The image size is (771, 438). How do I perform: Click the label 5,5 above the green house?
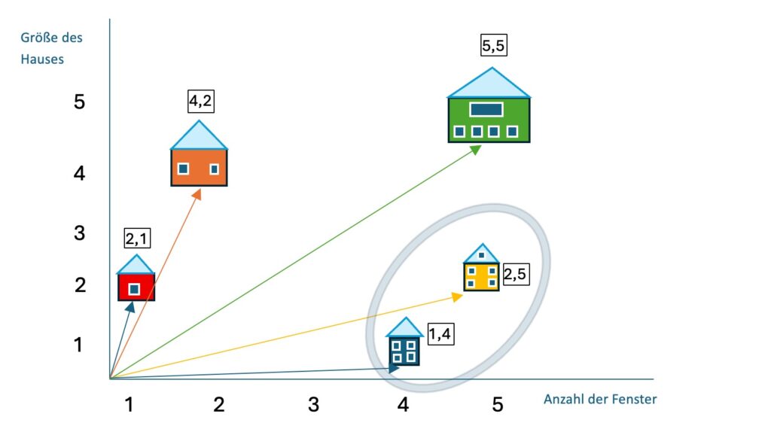[x=494, y=46]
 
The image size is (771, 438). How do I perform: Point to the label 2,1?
[x=138, y=239]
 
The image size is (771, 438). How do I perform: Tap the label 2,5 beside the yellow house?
[x=514, y=274]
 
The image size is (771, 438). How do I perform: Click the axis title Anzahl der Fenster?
[x=600, y=400]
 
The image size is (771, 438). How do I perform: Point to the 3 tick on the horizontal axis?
[x=314, y=405]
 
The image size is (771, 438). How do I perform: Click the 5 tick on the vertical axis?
[x=80, y=102]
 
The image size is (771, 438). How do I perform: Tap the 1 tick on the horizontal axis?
[x=130, y=405]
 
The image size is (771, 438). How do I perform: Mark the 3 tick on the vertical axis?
[x=80, y=233]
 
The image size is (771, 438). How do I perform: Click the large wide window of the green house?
[x=486, y=109]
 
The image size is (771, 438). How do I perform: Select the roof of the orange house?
[x=199, y=136]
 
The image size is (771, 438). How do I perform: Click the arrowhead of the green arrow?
[x=477, y=148]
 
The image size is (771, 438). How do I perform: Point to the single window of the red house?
[x=134, y=288]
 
